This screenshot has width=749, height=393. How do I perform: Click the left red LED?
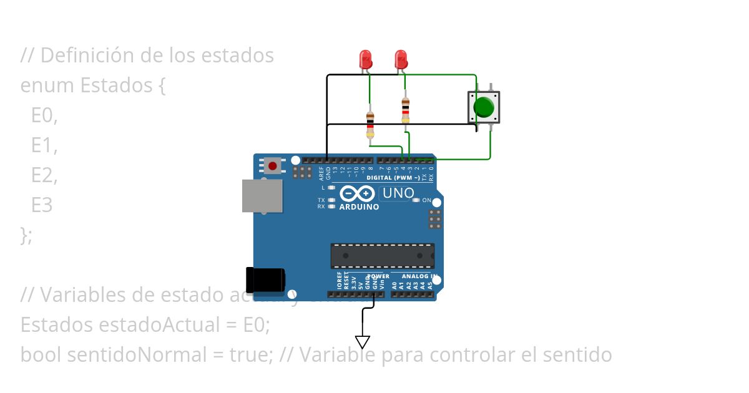[366, 59]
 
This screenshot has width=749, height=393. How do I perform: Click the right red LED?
[401, 59]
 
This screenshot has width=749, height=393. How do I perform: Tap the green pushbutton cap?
[484, 107]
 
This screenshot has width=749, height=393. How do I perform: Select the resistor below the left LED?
[370, 124]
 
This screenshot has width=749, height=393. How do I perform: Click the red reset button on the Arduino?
[273, 166]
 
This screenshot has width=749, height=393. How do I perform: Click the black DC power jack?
[265, 279]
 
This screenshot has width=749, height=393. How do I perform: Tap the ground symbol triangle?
[363, 342]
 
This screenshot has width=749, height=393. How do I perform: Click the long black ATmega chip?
[382, 255]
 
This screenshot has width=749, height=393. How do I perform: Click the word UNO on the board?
[398, 193]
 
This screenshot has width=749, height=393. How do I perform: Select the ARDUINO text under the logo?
[359, 207]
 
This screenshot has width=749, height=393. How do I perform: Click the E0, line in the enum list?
[44, 115]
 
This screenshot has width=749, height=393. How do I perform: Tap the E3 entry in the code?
[42, 205]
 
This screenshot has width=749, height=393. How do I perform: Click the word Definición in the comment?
[87, 56]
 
